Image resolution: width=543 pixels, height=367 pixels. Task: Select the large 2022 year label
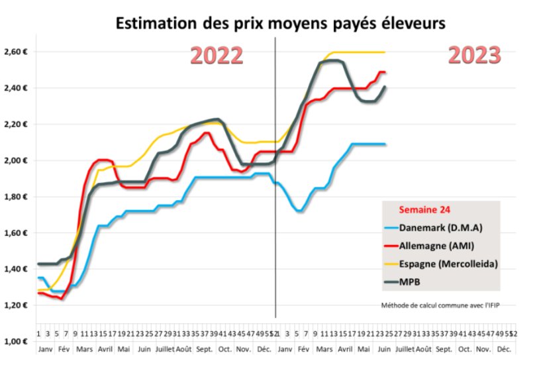pyautogui.click(x=217, y=56)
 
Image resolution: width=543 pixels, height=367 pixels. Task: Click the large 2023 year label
pyautogui.click(x=473, y=55)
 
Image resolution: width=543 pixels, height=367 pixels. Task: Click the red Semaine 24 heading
pyautogui.click(x=424, y=211)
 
